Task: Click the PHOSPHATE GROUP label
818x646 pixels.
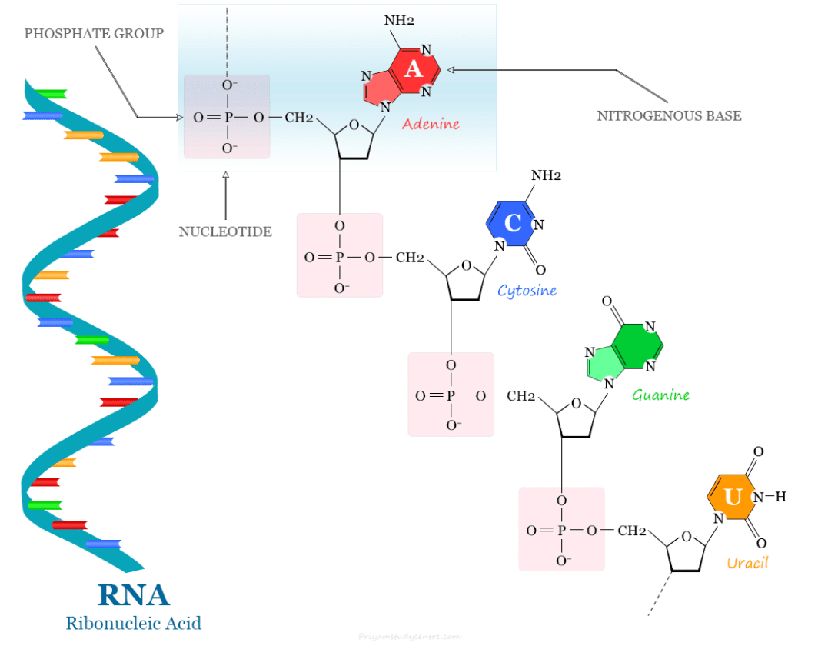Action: coord(94,34)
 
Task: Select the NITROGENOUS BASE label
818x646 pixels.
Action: coord(669,116)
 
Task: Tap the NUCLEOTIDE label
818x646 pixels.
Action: coord(225,231)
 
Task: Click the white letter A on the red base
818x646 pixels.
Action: coord(414,69)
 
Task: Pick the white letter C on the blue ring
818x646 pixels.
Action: coord(513,223)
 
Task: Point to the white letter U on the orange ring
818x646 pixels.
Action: coord(733,498)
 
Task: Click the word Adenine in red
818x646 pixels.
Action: coord(431,123)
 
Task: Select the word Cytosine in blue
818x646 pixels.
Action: coord(527,291)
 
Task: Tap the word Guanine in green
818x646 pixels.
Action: coord(660,395)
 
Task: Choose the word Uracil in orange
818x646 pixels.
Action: coord(747,563)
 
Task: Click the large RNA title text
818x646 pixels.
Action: coord(134,594)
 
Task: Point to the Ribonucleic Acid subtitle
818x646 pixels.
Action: coord(134,622)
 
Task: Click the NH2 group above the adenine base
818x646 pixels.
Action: coord(399,20)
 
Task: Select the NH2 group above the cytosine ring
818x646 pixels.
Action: coord(546,175)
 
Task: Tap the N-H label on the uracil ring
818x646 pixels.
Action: coord(770,497)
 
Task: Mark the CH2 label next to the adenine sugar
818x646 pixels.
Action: coord(299,118)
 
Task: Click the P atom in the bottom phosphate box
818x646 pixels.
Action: coord(561,531)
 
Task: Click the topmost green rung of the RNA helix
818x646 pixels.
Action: coord(51,94)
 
